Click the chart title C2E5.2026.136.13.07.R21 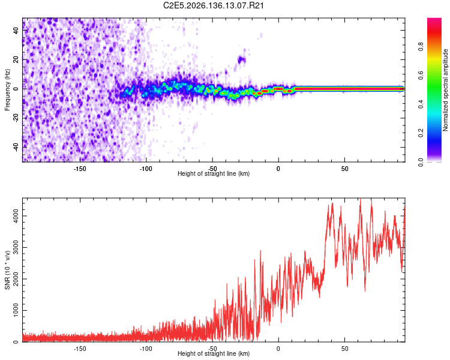pyautogui.click(x=213, y=5)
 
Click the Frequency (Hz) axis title pyautogui.click(x=7, y=90)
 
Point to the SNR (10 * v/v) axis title pyautogui.click(x=7, y=270)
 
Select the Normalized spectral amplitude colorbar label pyautogui.click(x=445, y=90)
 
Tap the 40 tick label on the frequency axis pyautogui.click(x=16, y=30)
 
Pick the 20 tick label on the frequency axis pyautogui.click(x=16, y=60)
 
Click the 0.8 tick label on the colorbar pyautogui.click(x=421, y=46)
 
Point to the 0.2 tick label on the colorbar pyautogui.click(x=421, y=133)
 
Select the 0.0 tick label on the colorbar pyautogui.click(x=421, y=162)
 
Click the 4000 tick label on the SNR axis pyautogui.click(x=16, y=216)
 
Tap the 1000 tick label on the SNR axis pyautogui.click(x=16, y=310)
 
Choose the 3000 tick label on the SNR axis pyautogui.click(x=16, y=247)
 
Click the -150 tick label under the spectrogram pyautogui.click(x=80, y=169)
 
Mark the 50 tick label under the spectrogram pyautogui.click(x=344, y=169)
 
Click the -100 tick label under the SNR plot pyautogui.click(x=146, y=349)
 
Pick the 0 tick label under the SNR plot pyautogui.click(x=278, y=349)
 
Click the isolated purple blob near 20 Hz pyautogui.click(x=241, y=60)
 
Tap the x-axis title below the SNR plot pyautogui.click(x=214, y=354)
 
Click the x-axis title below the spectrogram pyautogui.click(x=214, y=174)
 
